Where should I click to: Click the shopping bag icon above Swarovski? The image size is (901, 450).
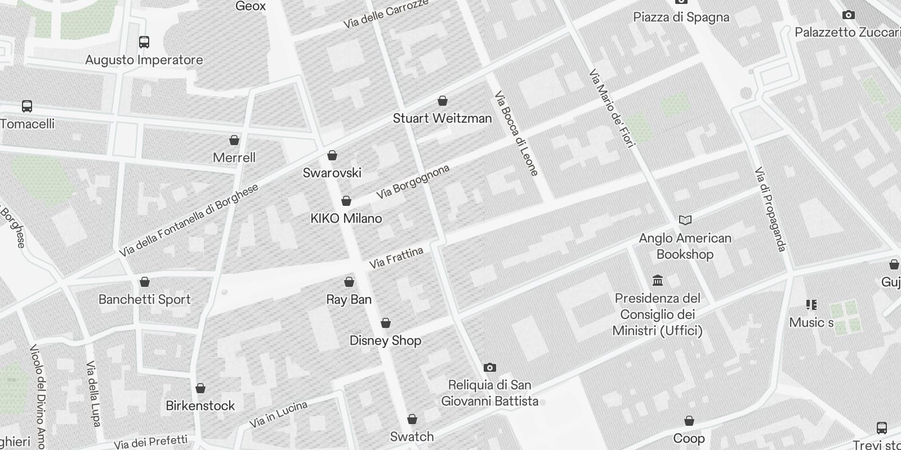pyautogui.click(x=332, y=155)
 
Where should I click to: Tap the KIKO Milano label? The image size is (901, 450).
pyautogui.click(x=346, y=219)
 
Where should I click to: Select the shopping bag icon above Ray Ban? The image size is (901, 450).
pyautogui.click(x=349, y=282)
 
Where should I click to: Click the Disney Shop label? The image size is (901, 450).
pyautogui.click(x=385, y=341)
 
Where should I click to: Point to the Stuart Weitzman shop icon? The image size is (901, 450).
pyautogui.click(x=443, y=101)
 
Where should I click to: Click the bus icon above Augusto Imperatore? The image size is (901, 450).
pyautogui.click(x=144, y=42)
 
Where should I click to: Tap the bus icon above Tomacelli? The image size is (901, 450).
pyautogui.click(x=26, y=106)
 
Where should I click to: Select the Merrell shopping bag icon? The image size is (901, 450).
pyautogui.click(x=234, y=140)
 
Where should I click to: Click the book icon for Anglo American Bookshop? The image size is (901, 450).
pyautogui.click(x=685, y=220)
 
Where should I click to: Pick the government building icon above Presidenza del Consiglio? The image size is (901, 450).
pyautogui.click(x=657, y=280)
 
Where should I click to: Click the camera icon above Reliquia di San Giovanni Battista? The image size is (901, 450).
pyautogui.click(x=490, y=368)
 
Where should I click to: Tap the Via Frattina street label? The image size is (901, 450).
pyautogui.click(x=396, y=258)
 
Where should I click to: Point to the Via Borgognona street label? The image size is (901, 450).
pyautogui.click(x=413, y=182)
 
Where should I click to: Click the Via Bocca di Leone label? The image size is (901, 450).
pyautogui.click(x=516, y=133)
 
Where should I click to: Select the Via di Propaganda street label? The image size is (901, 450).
pyautogui.click(x=770, y=209)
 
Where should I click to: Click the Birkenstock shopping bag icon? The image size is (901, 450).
pyautogui.click(x=200, y=389)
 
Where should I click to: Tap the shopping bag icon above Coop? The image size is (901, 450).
pyautogui.click(x=689, y=421)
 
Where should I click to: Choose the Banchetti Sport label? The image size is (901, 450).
pyautogui.click(x=145, y=300)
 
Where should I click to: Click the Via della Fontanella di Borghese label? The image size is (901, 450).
pyautogui.click(x=189, y=220)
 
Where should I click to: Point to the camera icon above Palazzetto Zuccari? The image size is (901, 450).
pyautogui.click(x=848, y=15)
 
